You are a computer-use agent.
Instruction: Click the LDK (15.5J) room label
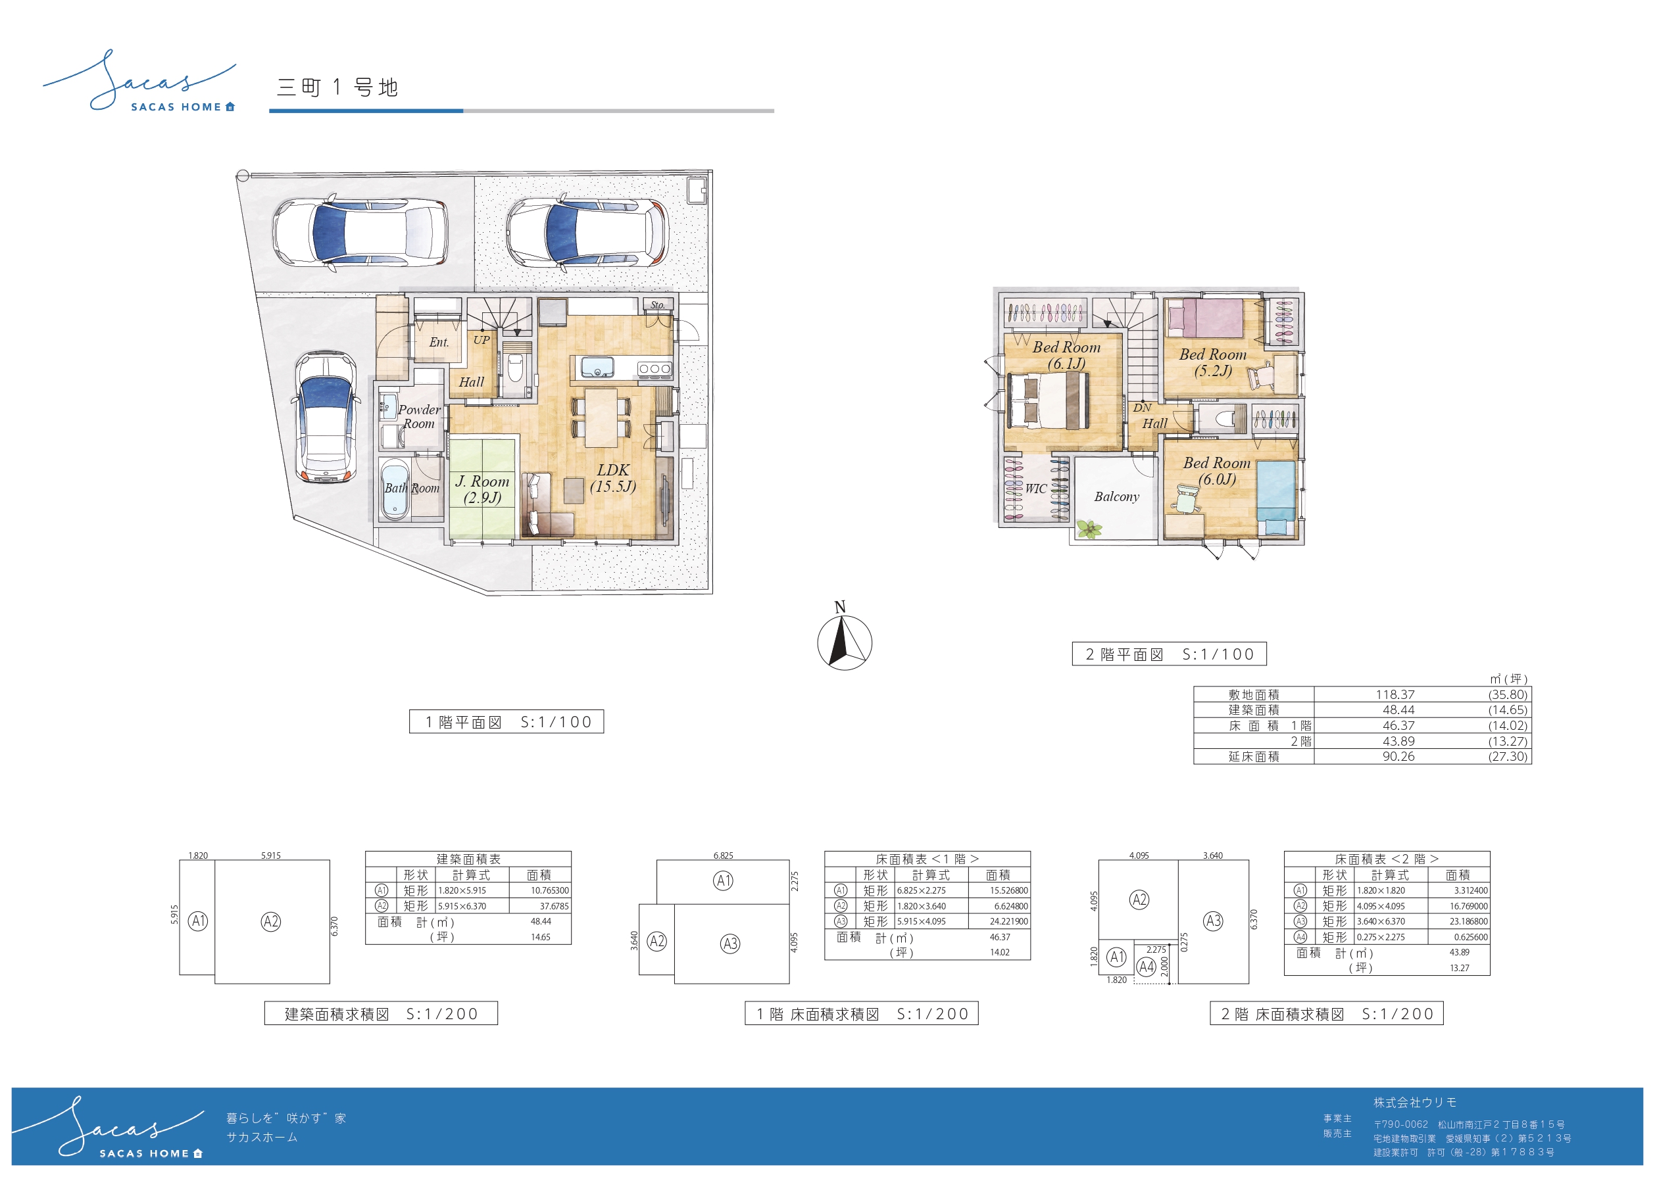(x=612, y=478)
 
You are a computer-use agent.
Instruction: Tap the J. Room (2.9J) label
(x=482, y=489)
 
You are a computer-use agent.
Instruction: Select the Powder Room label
(x=419, y=417)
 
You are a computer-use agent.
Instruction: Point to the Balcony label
(x=1116, y=496)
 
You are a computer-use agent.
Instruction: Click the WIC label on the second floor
(x=1036, y=489)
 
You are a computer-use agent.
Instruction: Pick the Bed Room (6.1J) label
(x=1066, y=355)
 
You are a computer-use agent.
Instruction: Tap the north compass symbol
(x=844, y=638)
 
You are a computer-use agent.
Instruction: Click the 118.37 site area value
(x=1395, y=694)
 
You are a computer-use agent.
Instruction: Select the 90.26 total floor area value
(x=1398, y=757)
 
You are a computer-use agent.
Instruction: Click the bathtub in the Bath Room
(x=395, y=489)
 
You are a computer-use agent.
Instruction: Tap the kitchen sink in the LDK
(x=597, y=368)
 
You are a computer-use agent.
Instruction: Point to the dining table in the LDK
(x=601, y=418)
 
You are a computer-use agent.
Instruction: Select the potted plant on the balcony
(x=1088, y=529)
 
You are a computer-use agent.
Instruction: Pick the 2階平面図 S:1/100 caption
(x=1170, y=654)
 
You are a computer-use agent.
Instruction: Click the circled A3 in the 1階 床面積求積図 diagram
(x=730, y=944)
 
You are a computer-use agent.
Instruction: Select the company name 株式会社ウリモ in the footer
(x=1414, y=1102)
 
